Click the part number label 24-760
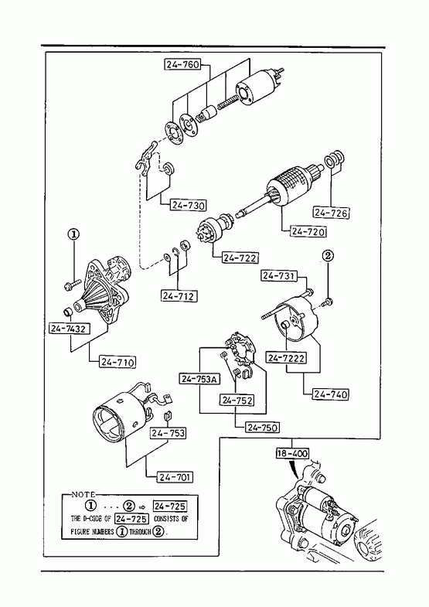pyautogui.click(x=183, y=64)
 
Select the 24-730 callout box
pyautogui.click(x=189, y=205)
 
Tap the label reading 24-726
pyautogui.click(x=331, y=213)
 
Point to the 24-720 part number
pyautogui.click(x=308, y=231)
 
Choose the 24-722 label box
pyautogui.click(x=240, y=257)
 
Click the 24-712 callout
pyautogui.click(x=179, y=295)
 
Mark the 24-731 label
pyautogui.click(x=280, y=275)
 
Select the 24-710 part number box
pyautogui.click(x=118, y=362)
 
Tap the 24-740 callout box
pyautogui.click(x=330, y=394)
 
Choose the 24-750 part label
pyautogui.click(x=263, y=428)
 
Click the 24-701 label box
pyautogui.click(x=175, y=477)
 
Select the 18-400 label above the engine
pyautogui.click(x=292, y=453)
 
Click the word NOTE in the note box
pyautogui.click(x=83, y=494)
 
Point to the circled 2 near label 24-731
pyautogui.click(x=328, y=254)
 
